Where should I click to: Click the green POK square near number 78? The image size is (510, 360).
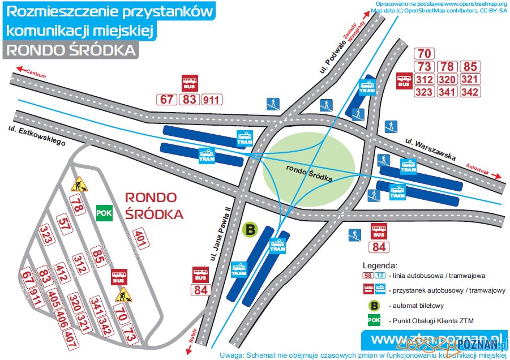104,212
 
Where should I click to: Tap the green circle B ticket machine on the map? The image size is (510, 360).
249,229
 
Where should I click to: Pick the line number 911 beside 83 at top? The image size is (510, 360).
212,100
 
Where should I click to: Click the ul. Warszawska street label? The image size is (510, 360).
430,149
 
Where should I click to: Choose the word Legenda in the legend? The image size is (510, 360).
380,264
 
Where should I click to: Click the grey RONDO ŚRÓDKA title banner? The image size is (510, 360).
70,50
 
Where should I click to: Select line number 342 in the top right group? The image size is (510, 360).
470,92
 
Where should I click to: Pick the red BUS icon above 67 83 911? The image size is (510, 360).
189,83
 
